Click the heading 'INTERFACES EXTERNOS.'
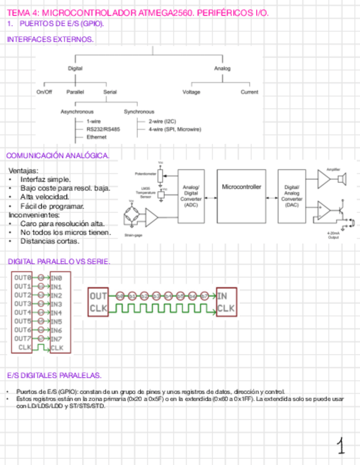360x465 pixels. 50,39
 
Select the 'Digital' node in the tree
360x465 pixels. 75,69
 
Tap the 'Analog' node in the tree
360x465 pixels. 222,69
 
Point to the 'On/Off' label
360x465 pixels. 44,92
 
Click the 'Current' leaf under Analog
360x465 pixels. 249,92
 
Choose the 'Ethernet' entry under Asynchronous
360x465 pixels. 97,137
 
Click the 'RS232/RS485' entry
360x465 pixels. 103,129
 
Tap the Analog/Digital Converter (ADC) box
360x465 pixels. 191,196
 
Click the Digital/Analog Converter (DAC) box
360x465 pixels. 292,196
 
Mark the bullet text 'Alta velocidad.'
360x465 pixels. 45,197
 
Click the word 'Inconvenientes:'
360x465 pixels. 33,215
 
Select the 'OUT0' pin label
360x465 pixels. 22,277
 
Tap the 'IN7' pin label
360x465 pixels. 57,339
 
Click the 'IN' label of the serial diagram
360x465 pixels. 222,296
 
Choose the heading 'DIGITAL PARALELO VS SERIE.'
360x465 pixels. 59,262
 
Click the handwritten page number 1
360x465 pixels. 341,446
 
